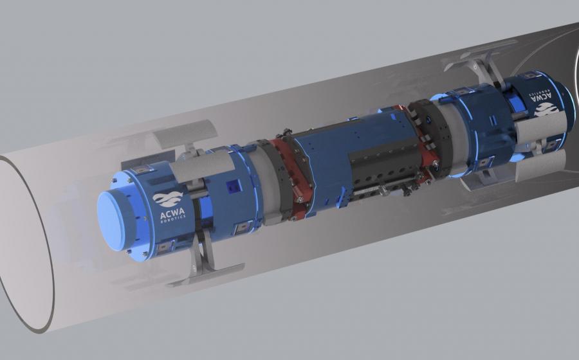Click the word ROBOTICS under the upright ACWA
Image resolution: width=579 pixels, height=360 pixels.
(x=173, y=221)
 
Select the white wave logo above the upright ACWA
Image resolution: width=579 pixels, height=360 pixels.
(x=168, y=199)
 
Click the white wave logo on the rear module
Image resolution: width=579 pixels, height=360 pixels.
(x=546, y=109)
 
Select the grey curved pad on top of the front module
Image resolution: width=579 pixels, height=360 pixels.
(x=203, y=167)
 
